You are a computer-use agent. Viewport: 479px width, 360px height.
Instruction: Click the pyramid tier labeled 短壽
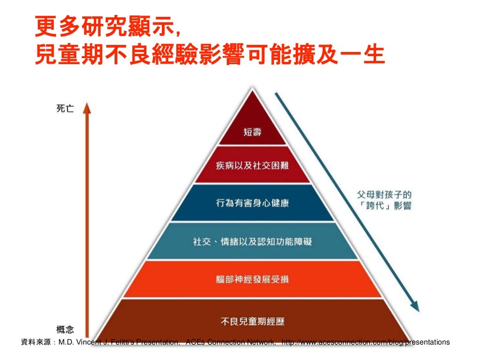tap(252, 132)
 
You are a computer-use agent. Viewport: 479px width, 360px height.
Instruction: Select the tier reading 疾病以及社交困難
tap(252, 166)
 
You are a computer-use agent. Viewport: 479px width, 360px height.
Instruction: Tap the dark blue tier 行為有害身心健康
tap(252, 203)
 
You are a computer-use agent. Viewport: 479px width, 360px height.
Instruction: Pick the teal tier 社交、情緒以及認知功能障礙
tap(252, 242)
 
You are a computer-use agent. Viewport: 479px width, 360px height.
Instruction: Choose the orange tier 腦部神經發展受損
tap(252, 279)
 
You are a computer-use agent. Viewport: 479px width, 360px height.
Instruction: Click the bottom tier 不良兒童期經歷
tap(252, 321)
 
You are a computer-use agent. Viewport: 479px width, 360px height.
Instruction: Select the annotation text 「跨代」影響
tap(383, 206)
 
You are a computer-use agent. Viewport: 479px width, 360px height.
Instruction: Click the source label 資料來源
tap(37, 342)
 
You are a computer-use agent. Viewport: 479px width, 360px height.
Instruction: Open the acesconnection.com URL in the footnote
tap(365, 342)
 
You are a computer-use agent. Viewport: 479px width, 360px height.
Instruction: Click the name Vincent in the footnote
tap(89, 342)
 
